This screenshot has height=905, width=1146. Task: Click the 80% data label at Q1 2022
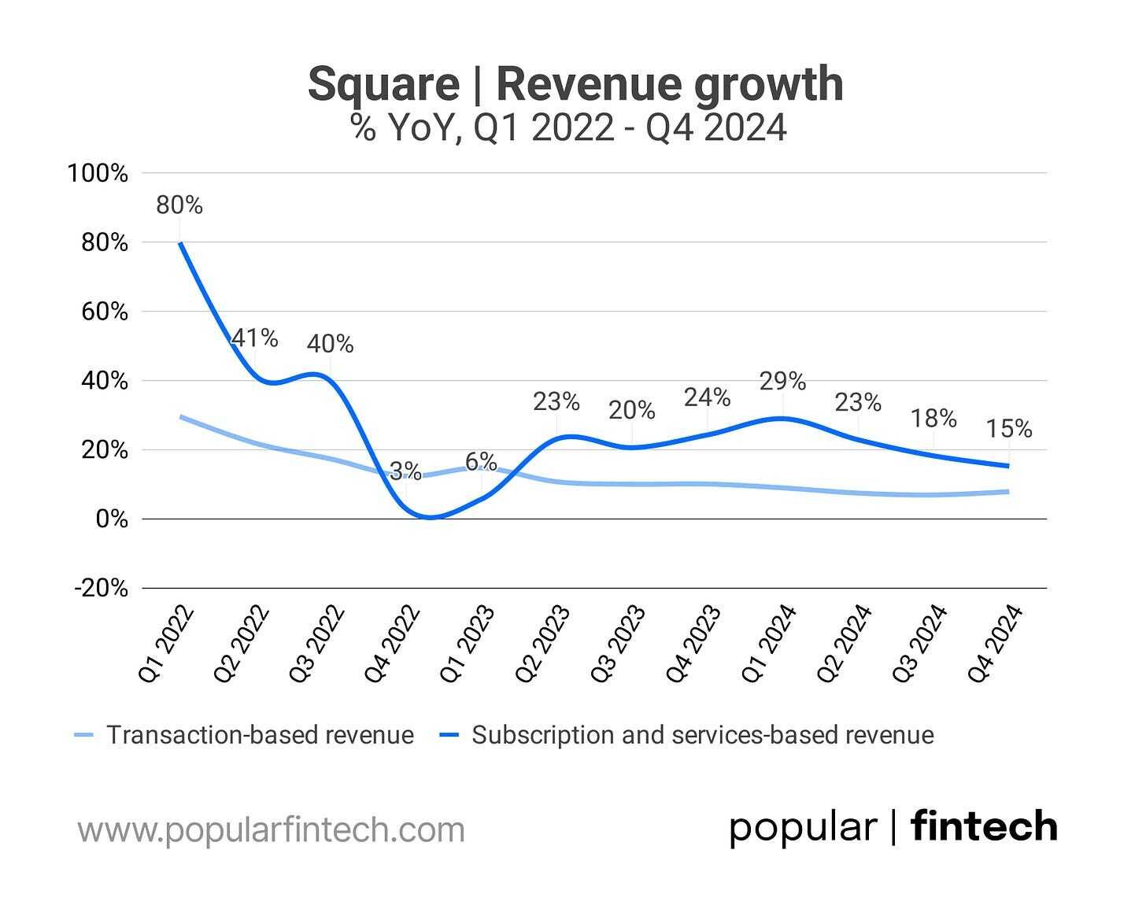pos(179,205)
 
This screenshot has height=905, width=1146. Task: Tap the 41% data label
pos(254,338)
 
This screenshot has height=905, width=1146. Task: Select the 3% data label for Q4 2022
pos(405,471)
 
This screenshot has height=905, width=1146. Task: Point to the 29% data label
pos(782,382)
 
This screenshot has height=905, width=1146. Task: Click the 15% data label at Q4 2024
pos(1009,429)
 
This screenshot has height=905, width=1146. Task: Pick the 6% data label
pos(481,462)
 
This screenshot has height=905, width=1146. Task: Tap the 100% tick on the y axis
pos(98,173)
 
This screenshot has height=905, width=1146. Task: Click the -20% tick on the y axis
pos(100,588)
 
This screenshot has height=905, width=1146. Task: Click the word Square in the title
pos(383,84)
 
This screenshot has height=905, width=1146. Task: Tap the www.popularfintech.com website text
pos(271,829)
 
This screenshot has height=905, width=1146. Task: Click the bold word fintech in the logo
pos(984,827)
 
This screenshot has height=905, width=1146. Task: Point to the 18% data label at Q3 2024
pos(933,419)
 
